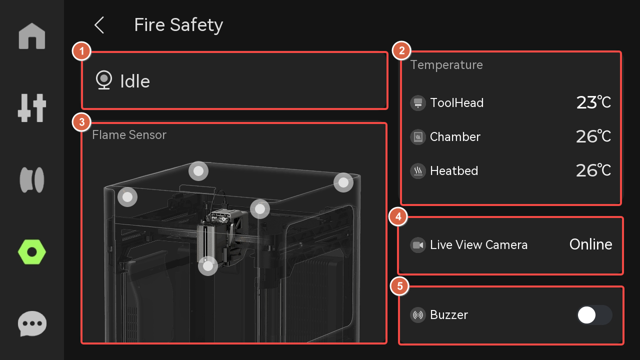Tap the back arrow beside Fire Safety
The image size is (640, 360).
(99, 25)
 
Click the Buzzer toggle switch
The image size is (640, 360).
(594, 315)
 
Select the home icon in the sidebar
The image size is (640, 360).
(32, 36)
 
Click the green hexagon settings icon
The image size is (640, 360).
(31, 252)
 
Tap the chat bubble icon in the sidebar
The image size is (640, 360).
(32, 323)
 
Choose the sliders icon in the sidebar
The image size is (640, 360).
(31, 108)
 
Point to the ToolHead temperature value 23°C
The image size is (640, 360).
(593, 102)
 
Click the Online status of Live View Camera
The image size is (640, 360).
(590, 244)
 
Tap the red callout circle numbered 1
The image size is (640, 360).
(81, 51)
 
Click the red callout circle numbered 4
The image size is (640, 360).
(398, 217)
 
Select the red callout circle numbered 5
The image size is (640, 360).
(399, 286)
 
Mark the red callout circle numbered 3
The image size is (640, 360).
(81, 122)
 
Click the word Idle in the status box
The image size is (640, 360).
(135, 81)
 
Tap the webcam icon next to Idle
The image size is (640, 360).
(103, 80)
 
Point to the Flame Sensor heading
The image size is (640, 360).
(129, 135)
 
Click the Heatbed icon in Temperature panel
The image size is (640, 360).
(418, 171)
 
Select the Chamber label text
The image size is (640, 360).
(455, 137)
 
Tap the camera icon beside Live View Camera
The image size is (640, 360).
(418, 245)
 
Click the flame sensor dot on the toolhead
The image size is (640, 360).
(208, 266)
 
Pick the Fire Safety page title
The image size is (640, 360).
(178, 25)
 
